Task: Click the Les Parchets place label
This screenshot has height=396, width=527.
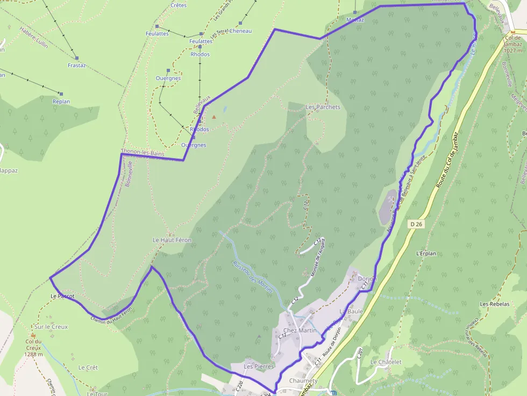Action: pos(323,107)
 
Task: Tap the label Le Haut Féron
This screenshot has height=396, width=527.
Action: pos(172,240)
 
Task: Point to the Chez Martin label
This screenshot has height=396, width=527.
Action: pos(298,330)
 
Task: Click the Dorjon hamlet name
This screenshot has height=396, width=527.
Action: pos(367,279)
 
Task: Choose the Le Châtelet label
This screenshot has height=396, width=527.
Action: pos(386,362)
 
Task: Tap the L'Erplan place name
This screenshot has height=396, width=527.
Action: pos(425,253)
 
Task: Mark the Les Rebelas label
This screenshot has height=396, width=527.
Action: pos(495,304)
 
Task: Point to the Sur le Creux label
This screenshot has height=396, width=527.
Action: pos(51,327)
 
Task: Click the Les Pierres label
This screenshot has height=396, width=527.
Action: pos(259,366)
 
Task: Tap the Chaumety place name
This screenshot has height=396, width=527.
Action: pos(303,381)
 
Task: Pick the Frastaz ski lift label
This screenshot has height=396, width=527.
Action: pos(77,66)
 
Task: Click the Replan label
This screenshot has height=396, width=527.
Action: pos(61,102)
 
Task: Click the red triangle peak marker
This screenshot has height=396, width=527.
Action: pos(214,117)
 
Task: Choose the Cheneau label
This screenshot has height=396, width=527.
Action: pos(240,31)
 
